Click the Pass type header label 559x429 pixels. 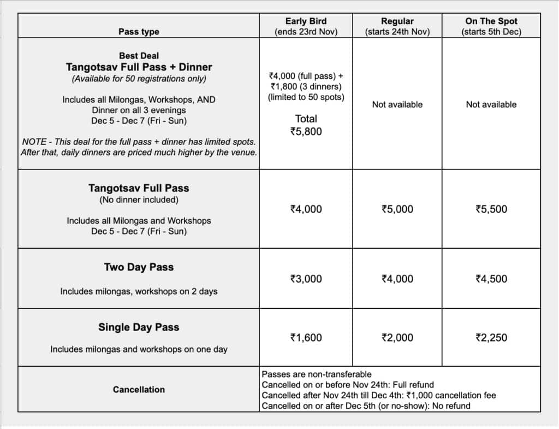coord(139,32)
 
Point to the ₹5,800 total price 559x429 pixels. coord(306,131)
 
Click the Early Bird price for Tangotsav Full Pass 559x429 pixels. coord(306,209)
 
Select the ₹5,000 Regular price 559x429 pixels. coord(397,209)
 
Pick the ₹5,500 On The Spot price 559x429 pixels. coord(491,209)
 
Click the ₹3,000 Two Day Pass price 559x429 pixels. coord(306,279)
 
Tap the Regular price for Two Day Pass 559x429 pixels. coord(397,279)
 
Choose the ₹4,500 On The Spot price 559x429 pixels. coord(491,279)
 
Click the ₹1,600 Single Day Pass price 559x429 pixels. coord(306,338)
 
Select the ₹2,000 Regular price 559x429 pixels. coord(397,338)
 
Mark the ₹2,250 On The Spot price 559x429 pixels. coord(491,338)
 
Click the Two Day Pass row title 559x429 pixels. coord(139,267)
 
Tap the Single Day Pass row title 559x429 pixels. coord(139,327)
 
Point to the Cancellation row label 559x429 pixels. coord(139,390)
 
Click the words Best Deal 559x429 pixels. coord(139,56)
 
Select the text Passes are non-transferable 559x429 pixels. coord(317,374)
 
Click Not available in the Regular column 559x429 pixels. coord(397,104)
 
